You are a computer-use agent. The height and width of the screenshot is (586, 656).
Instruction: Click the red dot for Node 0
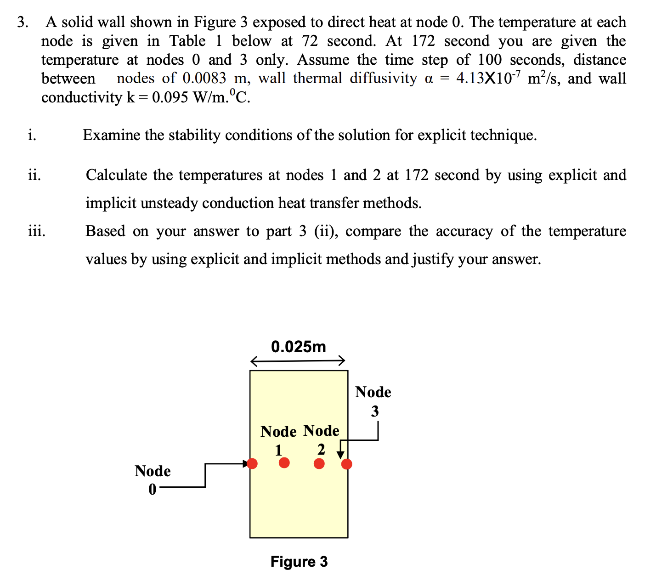click(252, 463)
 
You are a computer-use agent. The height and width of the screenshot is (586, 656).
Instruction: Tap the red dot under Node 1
click(284, 462)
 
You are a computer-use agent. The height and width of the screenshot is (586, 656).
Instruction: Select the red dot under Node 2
click(319, 463)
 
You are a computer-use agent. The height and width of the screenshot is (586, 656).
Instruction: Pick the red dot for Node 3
click(347, 464)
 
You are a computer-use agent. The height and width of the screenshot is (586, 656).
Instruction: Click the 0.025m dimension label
click(298, 346)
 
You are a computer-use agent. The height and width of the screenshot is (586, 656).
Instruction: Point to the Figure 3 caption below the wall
click(299, 561)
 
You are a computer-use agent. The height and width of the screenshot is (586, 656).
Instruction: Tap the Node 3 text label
click(373, 401)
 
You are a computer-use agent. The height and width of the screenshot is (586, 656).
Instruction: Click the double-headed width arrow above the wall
click(298, 361)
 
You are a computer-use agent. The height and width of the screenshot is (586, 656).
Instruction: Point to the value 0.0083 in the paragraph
click(204, 78)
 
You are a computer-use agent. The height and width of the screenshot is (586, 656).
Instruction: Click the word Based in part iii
click(105, 231)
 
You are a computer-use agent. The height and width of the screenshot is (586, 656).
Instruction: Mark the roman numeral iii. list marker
click(37, 231)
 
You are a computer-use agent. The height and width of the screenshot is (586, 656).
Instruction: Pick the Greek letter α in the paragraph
click(429, 79)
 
